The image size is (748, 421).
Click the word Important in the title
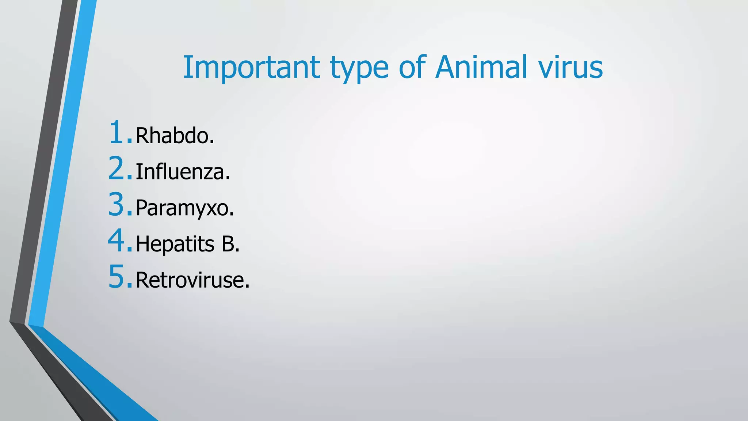point(251,68)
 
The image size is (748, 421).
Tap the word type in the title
point(359,69)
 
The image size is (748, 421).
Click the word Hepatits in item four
point(175,244)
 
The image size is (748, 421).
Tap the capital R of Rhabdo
point(142,136)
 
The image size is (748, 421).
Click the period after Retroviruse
point(248,287)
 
